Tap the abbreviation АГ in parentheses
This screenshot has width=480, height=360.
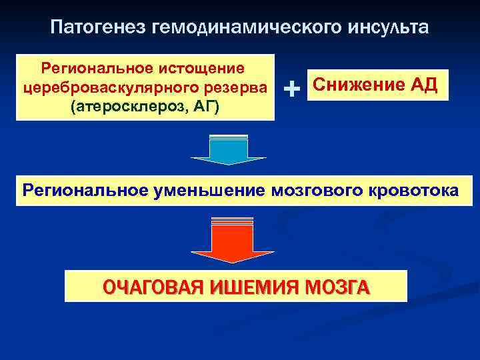[203, 107]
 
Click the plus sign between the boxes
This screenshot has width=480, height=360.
[291, 87]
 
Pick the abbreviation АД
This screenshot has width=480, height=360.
[424, 85]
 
